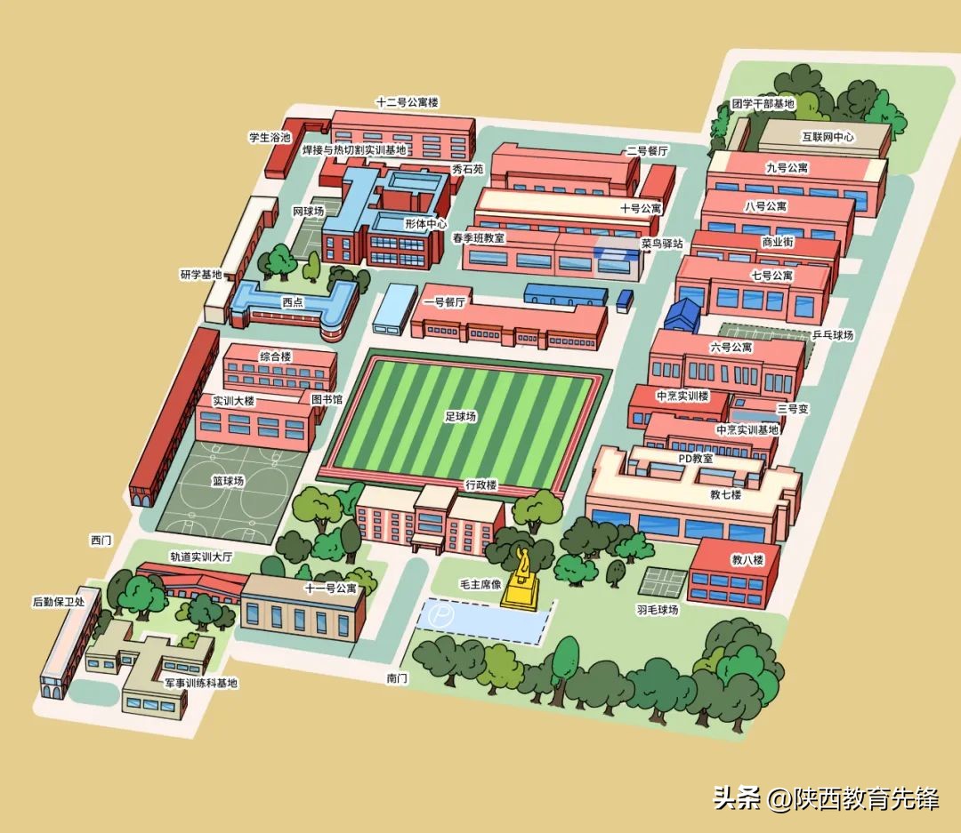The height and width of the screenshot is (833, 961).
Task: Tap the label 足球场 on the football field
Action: pyautogui.click(x=461, y=416)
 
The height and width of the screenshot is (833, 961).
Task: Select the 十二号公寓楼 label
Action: pyautogui.click(x=408, y=102)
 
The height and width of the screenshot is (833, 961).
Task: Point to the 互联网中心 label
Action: pyautogui.click(x=828, y=137)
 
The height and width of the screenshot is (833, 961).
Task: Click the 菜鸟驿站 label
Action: pyautogui.click(x=662, y=243)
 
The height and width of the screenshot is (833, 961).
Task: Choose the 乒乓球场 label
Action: pyautogui.click(x=833, y=335)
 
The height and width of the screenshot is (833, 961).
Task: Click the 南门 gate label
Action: pyautogui.click(x=397, y=678)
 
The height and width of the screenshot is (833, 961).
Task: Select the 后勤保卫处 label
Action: pyautogui.click(x=58, y=602)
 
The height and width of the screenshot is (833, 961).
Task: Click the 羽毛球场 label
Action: pyautogui.click(x=657, y=610)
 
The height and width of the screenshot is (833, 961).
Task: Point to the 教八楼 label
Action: pyautogui.click(x=747, y=560)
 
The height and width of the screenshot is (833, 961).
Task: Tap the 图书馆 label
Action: pyautogui.click(x=327, y=400)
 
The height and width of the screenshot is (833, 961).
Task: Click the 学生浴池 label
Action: pyautogui.click(x=270, y=138)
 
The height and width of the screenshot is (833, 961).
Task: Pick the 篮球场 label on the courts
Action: pyautogui.click(x=228, y=481)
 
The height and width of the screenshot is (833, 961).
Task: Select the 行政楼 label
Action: pyautogui.click(x=480, y=485)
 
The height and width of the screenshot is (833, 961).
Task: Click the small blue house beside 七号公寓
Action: pyautogui.click(x=684, y=314)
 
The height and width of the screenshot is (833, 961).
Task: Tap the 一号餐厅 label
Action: pyautogui.click(x=445, y=301)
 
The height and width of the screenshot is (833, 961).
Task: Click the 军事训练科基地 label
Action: pyautogui.click(x=202, y=683)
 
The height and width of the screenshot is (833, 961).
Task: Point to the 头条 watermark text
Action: pyautogui.click(x=736, y=797)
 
